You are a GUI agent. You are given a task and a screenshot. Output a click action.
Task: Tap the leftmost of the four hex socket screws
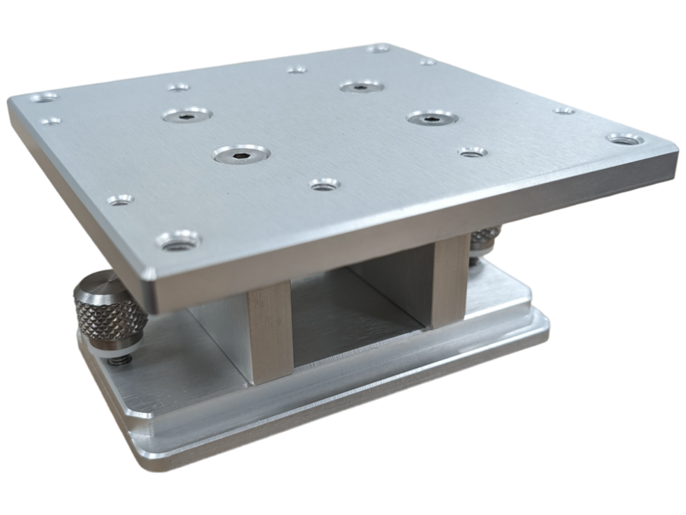pyautogui.click(x=188, y=115)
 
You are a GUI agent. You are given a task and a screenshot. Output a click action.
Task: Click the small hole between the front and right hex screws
pyautogui.click(x=324, y=185)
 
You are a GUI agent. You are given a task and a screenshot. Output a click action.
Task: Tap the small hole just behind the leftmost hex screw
pyautogui.click(x=178, y=87)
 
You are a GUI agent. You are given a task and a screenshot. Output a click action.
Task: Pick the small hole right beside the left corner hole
pyautogui.click(x=50, y=121)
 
